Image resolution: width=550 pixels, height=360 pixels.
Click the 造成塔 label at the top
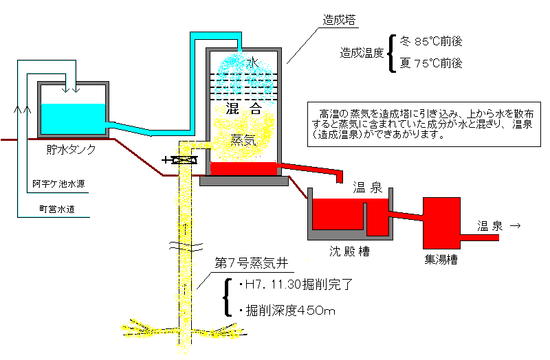pyautogui.click(x=339, y=20)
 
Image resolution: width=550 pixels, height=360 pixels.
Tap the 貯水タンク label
pyautogui.click(x=71, y=149)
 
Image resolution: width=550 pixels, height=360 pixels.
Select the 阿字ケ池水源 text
pyautogui.click(x=58, y=183)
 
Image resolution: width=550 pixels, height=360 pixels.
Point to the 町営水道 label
pyautogui.click(x=57, y=210)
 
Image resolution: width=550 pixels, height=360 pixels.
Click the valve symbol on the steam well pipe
pyautogui.click(x=181, y=160)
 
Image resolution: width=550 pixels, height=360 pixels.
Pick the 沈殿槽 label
pyautogui.click(x=349, y=251)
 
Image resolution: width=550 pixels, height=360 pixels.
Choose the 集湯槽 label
pyautogui.click(x=441, y=260)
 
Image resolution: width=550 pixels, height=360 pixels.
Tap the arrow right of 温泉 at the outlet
pyautogui.click(x=515, y=226)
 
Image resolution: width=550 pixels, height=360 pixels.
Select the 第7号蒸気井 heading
pyautogui.click(x=252, y=263)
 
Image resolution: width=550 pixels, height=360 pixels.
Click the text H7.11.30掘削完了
pyautogui.click(x=296, y=284)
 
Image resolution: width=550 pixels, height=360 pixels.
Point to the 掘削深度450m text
pyautogui.click(x=287, y=311)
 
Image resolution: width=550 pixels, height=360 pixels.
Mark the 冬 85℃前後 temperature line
pyautogui.click(x=431, y=41)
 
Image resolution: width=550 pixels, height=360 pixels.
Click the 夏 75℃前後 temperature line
pyautogui.click(x=431, y=63)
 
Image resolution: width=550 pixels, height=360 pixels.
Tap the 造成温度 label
pyautogui.click(x=362, y=53)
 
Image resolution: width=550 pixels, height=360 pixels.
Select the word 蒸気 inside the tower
pyautogui.click(x=243, y=140)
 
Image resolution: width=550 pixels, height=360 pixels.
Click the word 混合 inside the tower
pyautogui.click(x=243, y=109)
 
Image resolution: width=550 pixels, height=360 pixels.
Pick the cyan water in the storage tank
pyautogui.click(x=73, y=118)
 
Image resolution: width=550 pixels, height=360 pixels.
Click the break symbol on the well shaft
pyautogui.click(x=186, y=247)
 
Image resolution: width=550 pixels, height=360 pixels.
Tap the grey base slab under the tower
pyautogui.click(x=244, y=181)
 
